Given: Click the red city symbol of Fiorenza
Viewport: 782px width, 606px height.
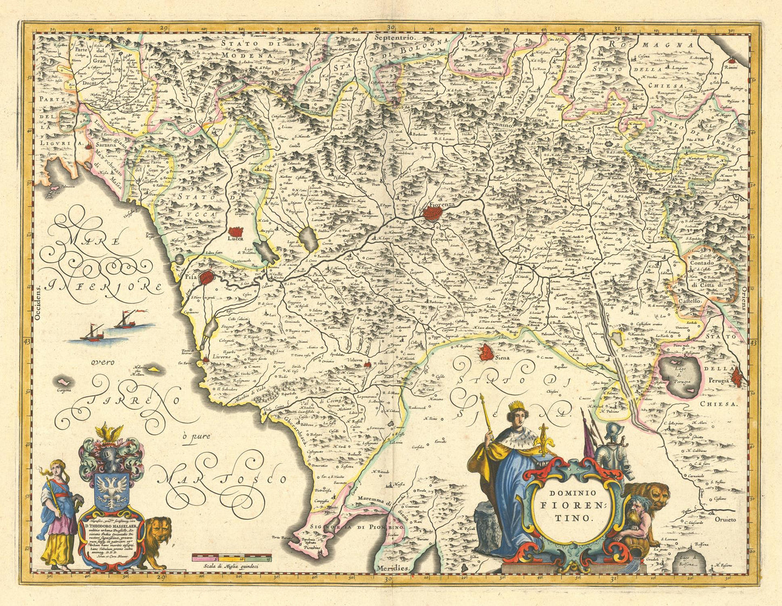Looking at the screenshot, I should click(433, 213).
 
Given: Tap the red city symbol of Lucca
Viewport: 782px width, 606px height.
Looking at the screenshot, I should click(236, 231).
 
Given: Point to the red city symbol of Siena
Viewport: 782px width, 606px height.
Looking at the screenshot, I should click(487, 354).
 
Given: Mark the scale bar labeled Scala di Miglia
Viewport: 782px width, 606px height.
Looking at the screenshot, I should click(234, 556).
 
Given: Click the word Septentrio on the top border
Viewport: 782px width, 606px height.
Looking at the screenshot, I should click(393, 38).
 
